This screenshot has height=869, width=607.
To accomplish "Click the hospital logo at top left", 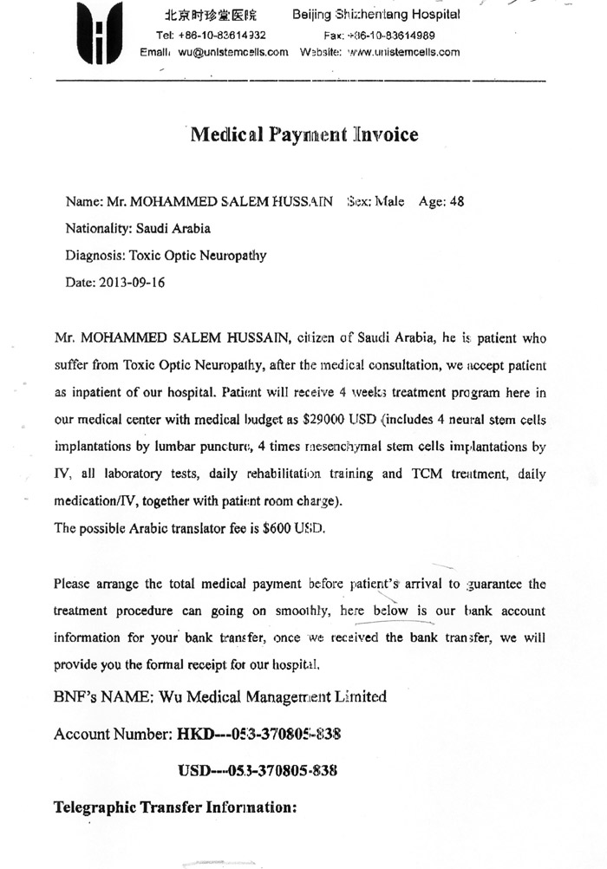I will point(98,34).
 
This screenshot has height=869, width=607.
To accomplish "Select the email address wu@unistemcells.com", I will point(233,52).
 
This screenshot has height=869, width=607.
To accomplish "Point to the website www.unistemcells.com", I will point(402,52).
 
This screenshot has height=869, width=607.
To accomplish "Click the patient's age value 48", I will point(457,202).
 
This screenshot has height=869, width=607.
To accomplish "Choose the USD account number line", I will point(258,770).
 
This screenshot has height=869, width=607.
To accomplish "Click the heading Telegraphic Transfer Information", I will point(176,807).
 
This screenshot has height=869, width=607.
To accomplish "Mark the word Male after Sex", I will point(390,202).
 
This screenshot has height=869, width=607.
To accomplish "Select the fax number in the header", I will point(392,36).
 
